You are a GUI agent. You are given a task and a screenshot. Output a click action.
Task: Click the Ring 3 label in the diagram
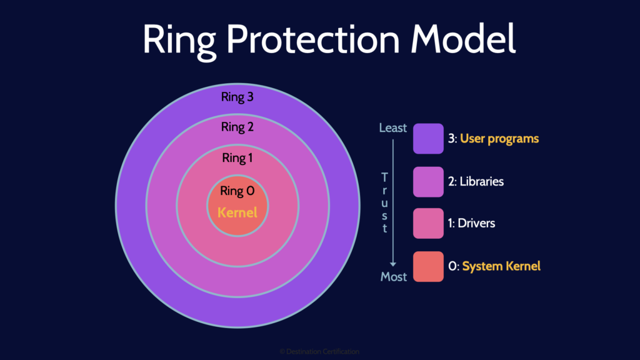(x=237, y=97)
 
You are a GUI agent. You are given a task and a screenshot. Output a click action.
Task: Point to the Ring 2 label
(x=237, y=127)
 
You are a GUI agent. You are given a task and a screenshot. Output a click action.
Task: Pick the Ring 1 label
(x=237, y=158)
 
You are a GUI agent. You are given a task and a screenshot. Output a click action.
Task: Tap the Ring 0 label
(x=237, y=191)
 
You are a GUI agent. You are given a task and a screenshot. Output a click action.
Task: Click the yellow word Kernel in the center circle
(x=237, y=212)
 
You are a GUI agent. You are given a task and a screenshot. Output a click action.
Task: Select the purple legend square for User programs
(x=428, y=138)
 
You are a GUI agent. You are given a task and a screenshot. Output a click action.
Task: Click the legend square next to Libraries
(x=428, y=181)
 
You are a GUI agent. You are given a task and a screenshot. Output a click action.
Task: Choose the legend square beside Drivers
(x=428, y=223)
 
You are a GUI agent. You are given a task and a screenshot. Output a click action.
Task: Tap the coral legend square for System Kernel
(x=428, y=266)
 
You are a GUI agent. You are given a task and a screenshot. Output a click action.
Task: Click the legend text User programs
(x=499, y=139)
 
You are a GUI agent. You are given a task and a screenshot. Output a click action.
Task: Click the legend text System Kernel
(x=501, y=266)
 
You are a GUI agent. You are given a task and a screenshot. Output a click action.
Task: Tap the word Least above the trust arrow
(x=393, y=128)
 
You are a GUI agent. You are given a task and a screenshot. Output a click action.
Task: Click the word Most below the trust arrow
(x=394, y=276)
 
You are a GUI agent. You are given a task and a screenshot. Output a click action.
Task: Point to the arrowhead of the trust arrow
(x=394, y=264)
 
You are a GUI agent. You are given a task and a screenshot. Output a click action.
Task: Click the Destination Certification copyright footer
(x=319, y=352)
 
